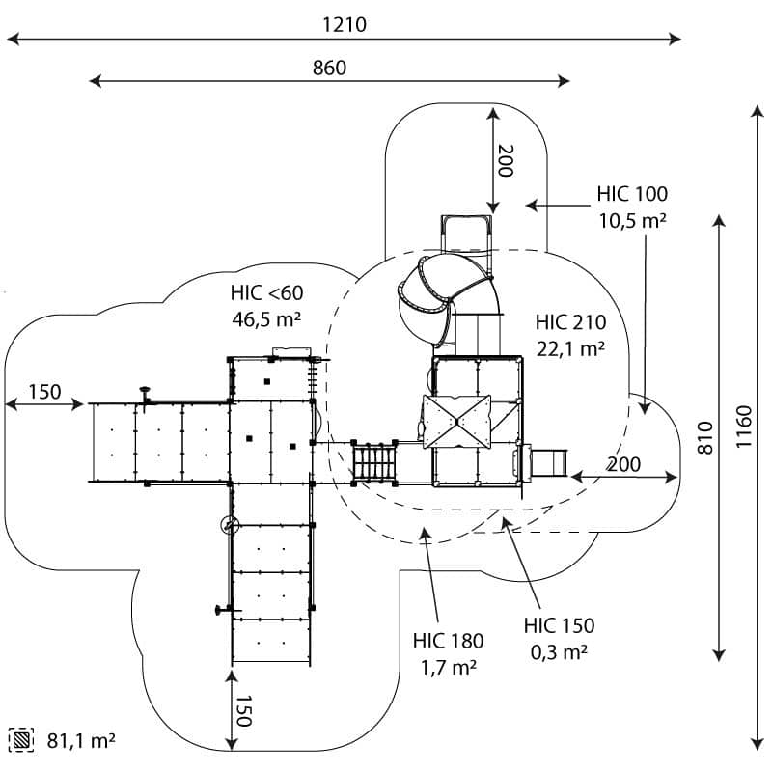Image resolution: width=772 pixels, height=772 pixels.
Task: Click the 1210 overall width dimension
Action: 345,25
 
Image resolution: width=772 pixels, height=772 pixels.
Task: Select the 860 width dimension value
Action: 329,68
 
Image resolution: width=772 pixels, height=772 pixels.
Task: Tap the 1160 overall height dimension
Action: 744,427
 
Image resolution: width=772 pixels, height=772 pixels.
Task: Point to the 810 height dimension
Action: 705,438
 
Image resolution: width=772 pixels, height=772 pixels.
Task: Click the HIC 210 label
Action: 570,322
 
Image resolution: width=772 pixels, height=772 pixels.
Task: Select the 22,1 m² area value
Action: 570,349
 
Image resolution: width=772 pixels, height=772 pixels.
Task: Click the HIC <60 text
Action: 267,293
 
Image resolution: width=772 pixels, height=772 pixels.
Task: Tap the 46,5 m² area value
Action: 266,319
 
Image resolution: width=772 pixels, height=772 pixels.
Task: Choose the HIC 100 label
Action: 632,194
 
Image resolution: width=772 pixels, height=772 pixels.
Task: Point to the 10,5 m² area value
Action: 633,221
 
